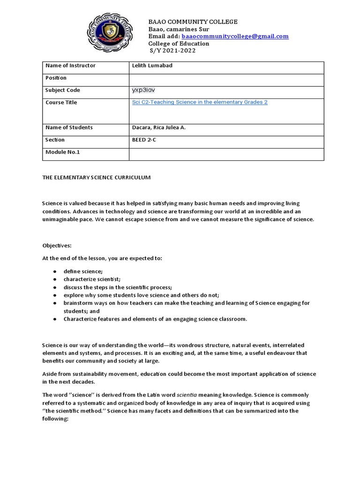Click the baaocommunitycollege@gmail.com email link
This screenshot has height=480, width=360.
[x=235, y=36]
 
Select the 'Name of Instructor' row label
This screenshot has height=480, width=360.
[x=70, y=66]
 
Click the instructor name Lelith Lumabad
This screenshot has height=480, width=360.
[x=152, y=66]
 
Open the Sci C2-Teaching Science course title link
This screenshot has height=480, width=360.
[x=200, y=102]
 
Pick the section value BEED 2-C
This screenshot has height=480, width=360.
[x=146, y=140]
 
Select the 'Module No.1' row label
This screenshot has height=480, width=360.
[x=63, y=152]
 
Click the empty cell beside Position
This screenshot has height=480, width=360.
[x=226, y=78]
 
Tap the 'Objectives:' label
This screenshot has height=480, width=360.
[x=58, y=245]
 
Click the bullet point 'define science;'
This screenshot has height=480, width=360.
[x=86, y=271]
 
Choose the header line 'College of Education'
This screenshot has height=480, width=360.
[x=179, y=44]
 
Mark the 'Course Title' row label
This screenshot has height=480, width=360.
[x=61, y=102]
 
